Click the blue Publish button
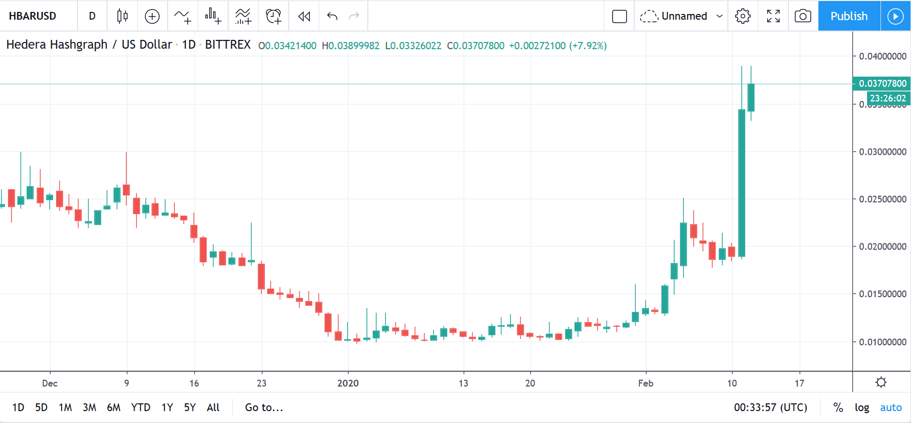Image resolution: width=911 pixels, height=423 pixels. point(848,16)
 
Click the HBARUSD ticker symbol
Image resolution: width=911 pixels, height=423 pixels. point(33,16)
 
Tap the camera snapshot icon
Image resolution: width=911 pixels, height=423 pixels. point(802,16)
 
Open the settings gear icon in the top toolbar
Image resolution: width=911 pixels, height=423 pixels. point(742,16)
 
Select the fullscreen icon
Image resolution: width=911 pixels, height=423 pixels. point(773,16)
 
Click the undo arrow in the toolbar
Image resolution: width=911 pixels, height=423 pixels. point(332,16)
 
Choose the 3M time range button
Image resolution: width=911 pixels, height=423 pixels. point(89,407)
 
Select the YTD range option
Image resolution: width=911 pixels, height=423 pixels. point(140,407)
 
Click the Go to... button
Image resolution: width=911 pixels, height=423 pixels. point(264,407)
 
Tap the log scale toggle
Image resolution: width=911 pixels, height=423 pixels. point(861,407)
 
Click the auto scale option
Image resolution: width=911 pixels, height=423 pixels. point(891,407)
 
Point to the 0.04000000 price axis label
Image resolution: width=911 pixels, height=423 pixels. point(883,56)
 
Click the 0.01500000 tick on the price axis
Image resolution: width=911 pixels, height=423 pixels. point(883,294)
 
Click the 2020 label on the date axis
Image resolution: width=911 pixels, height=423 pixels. point(348,383)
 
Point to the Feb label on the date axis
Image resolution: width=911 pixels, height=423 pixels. point(646,383)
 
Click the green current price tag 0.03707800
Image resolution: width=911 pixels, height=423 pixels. point(882,83)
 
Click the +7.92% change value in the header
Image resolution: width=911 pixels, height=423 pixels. point(588,46)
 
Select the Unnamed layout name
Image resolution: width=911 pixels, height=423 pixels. point(684,16)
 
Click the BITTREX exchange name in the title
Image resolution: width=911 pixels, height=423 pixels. point(228,45)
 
